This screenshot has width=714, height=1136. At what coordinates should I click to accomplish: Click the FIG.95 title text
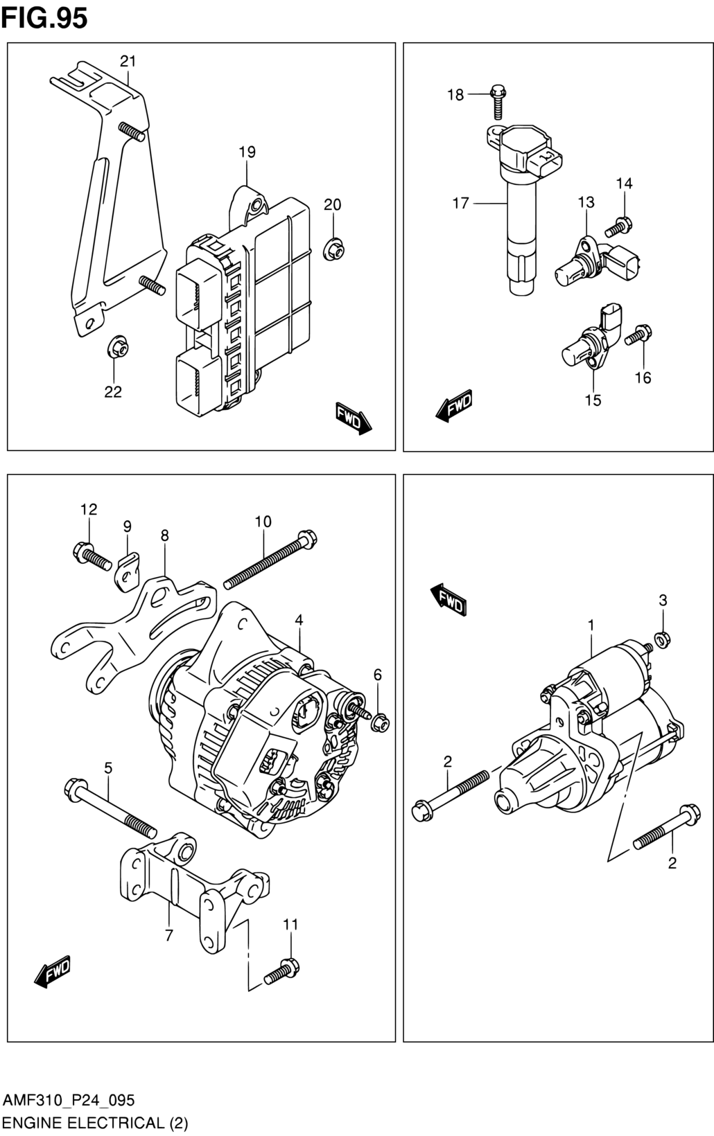pos(44,17)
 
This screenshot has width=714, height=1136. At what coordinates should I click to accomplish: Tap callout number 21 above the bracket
pos(128,62)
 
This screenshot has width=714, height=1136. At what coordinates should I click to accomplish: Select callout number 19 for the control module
pos(247,152)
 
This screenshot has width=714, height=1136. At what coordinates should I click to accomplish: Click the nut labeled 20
pos(331,249)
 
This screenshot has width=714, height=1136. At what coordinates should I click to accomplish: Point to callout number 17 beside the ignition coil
pos(461,204)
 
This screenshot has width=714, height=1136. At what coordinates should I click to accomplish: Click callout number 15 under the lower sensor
pos(593,400)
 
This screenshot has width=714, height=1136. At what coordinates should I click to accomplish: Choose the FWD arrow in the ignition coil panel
pos(453,405)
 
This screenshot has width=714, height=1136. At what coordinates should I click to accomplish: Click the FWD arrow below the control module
pos(354,418)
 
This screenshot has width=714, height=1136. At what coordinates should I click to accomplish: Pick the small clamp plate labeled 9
pos(128,571)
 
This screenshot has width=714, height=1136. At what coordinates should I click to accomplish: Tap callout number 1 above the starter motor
pos(591,625)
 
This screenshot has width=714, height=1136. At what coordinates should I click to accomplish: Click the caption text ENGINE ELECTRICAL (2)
pos(96,1123)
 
